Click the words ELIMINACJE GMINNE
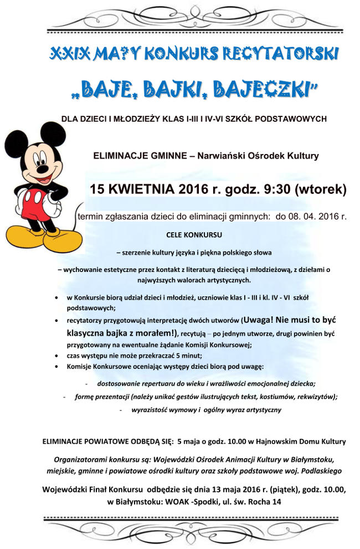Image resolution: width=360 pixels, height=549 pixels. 139,156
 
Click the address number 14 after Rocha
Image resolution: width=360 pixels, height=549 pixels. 276,501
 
